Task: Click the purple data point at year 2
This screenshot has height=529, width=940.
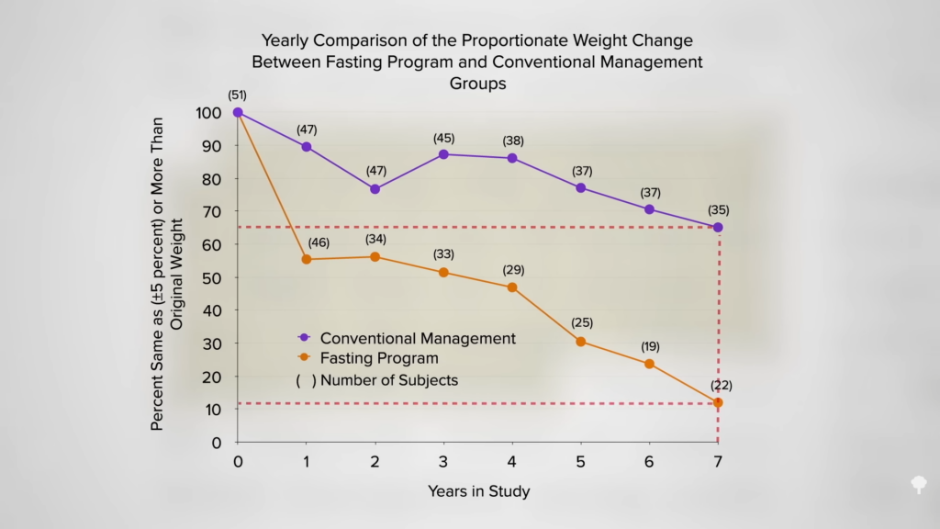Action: tap(375, 188)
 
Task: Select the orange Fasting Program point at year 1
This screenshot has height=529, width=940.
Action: tap(306, 259)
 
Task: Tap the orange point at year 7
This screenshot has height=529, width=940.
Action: tap(718, 402)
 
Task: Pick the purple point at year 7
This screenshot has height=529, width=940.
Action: tap(718, 227)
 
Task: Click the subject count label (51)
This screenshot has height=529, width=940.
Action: tap(238, 95)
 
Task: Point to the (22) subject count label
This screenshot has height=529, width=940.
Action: tap(718, 385)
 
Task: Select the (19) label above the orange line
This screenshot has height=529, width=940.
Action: tap(649, 346)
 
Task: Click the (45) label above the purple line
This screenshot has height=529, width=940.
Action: tap(443, 138)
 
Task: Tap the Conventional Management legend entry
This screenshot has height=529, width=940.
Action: tap(417, 338)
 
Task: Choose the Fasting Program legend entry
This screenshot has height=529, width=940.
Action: tap(378, 358)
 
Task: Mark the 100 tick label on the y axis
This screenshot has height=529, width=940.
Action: tap(208, 113)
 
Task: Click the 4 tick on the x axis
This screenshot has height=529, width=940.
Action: tap(511, 460)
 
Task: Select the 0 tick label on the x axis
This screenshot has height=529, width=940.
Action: tap(238, 460)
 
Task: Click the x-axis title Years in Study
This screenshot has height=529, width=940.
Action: tap(478, 491)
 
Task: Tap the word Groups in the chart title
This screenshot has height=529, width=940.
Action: tap(477, 84)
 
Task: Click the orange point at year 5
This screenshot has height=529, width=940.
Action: tap(580, 341)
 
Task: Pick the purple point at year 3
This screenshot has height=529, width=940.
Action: tap(443, 154)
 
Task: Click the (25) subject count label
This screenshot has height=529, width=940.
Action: tap(581, 322)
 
